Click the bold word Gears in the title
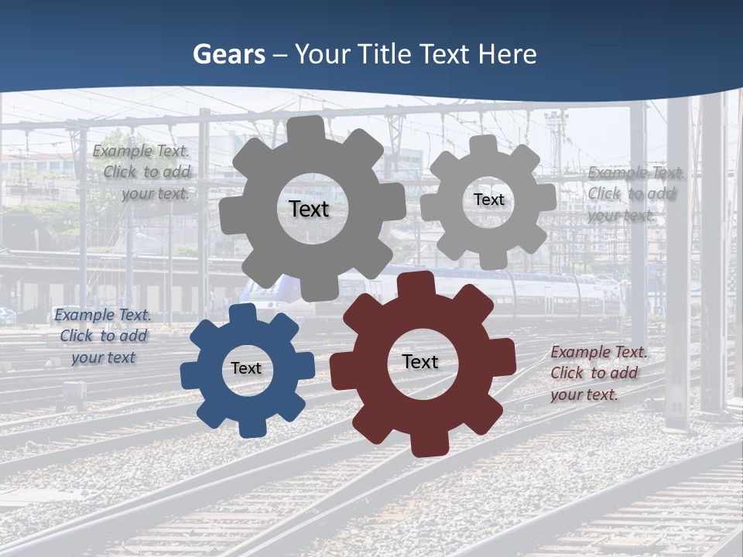point(228,54)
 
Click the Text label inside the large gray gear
point(309,209)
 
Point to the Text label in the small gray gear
point(489,200)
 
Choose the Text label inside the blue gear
point(246,368)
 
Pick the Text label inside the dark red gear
point(420,361)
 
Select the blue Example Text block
point(103,336)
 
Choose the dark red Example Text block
point(597,373)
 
